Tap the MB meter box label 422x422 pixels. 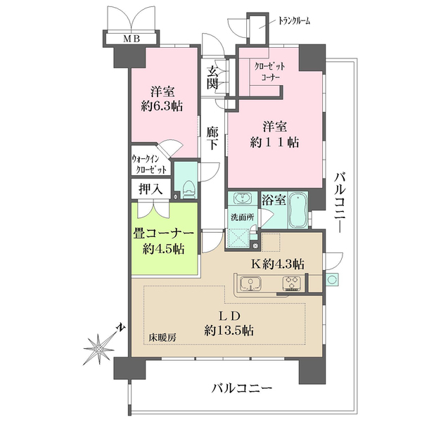pyautogui.click(x=132, y=39)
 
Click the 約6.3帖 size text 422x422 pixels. pyautogui.click(x=163, y=108)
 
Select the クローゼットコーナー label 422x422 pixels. pyautogui.click(x=271, y=70)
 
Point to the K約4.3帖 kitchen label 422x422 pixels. pyautogui.click(x=278, y=264)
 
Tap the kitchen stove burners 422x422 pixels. pyautogui.click(x=291, y=284)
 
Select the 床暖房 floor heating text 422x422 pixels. pyautogui.click(x=162, y=337)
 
